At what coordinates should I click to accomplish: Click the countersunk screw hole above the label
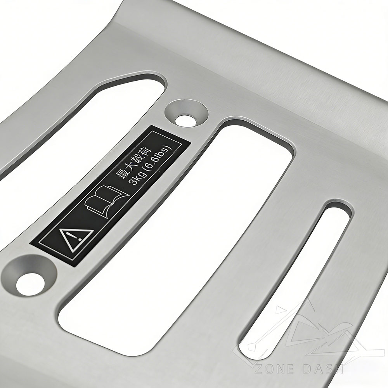pos(186,114)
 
